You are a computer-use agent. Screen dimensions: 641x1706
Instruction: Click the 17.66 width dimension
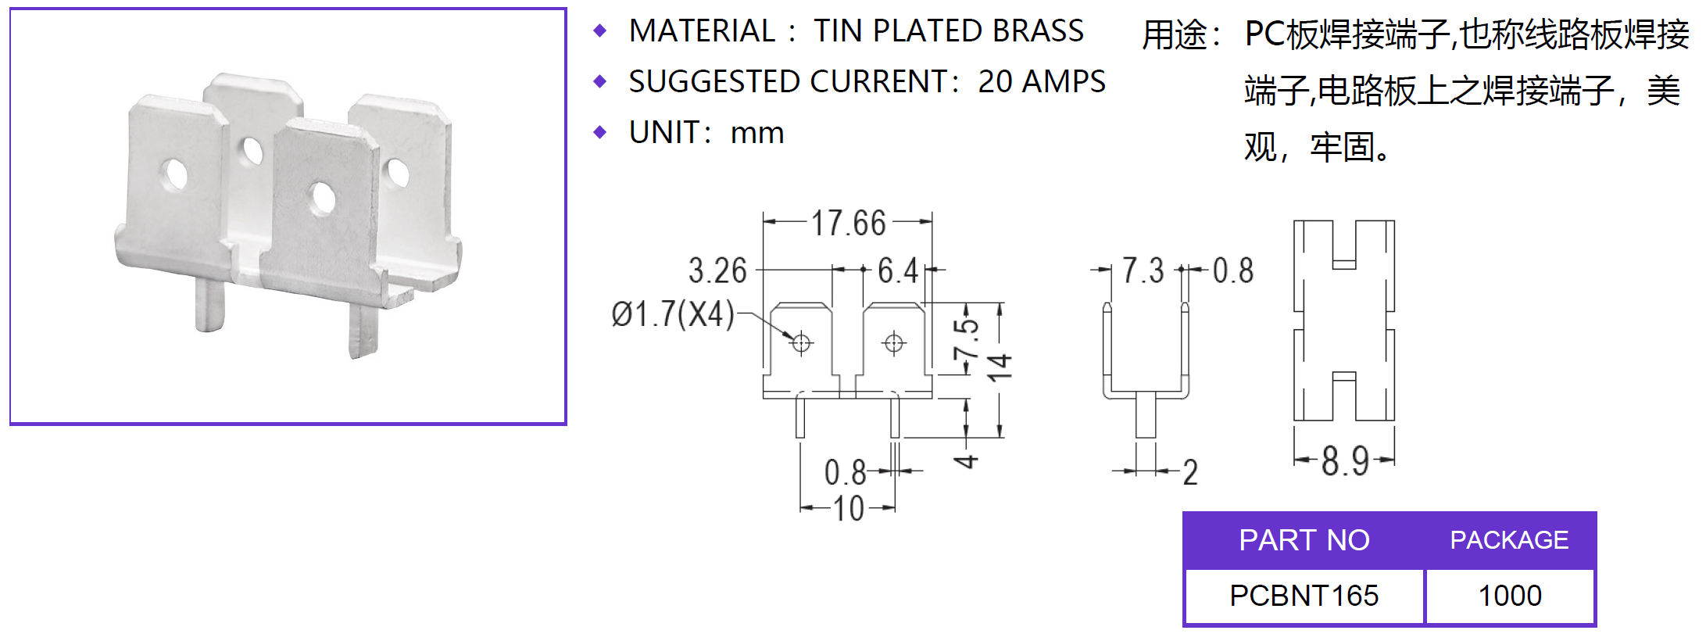tap(848, 224)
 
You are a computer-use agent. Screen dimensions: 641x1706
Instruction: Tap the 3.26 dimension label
tap(717, 271)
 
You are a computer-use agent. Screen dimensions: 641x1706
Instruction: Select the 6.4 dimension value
tap(898, 271)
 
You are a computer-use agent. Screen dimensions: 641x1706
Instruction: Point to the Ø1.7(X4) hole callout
tap(673, 314)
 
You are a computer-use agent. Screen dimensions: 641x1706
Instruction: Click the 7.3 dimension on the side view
tap(1143, 271)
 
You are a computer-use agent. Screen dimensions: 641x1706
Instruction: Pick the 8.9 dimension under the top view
tap(1345, 461)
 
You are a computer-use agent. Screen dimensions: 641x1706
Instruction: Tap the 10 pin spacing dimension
tap(848, 509)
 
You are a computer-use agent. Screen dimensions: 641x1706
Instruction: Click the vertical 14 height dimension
tap(1000, 367)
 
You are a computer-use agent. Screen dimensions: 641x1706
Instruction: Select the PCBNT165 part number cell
tap(1304, 596)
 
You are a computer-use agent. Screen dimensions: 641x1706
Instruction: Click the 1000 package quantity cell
tap(1510, 596)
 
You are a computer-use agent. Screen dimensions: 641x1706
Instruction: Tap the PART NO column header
tap(1304, 540)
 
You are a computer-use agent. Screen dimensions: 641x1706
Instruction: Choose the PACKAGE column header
tap(1509, 540)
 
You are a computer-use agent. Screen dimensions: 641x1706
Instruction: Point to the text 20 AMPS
tap(1042, 82)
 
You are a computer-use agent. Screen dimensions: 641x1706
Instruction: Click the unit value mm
tap(756, 133)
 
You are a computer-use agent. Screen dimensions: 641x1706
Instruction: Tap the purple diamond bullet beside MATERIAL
tap(600, 31)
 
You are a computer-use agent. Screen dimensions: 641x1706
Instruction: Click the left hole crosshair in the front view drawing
tap(801, 342)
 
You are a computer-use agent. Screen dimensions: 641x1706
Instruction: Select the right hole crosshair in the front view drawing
tap(894, 342)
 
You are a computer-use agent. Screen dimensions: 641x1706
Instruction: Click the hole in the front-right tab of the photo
tap(322, 198)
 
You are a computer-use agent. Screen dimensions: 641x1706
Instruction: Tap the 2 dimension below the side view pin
tap(1189, 472)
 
